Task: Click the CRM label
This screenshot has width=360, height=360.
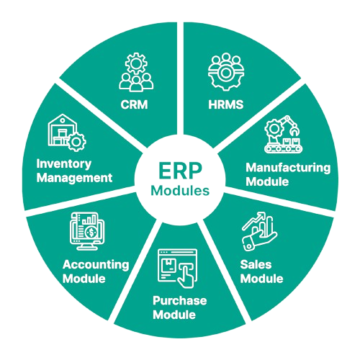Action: pyautogui.click(x=134, y=104)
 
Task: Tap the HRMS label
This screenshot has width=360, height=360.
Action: pyautogui.click(x=226, y=104)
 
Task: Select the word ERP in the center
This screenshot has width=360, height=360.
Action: pyautogui.click(x=180, y=171)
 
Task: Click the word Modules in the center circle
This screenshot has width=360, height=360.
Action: pyautogui.click(x=180, y=191)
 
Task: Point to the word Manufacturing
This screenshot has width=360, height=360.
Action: pyautogui.click(x=288, y=168)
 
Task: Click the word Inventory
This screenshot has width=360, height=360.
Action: pyautogui.click(x=64, y=164)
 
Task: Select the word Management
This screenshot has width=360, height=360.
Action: pyautogui.click(x=74, y=178)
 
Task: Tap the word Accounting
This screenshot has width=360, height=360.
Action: pyautogui.click(x=96, y=265)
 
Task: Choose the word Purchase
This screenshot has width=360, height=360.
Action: pyautogui.click(x=180, y=301)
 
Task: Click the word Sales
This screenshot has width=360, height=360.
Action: pyautogui.click(x=256, y=265)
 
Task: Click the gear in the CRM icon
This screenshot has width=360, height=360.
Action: pyautogui.click(x=136, y=63)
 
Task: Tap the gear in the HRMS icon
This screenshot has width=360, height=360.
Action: pyautogui.click(x=226, y=75)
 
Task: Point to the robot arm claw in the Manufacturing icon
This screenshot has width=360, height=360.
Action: pyautogui.click(x=294, y=131)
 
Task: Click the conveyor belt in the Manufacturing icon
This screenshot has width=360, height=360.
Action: pyautogui.click(x=284, y=148)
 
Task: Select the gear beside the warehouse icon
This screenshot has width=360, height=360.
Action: pyautogui.click(x=76, y=142)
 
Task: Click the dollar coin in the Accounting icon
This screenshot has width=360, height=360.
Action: pyautogui.click(x=91, y=232)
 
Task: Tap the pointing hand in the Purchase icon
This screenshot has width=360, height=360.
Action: pyautogui.click(x=186, y=276)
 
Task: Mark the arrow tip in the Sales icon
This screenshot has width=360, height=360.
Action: pyautogui.click(x=264, y=214)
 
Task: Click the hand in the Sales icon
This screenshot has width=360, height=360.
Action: pyautogui.click(x=258, y=240)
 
